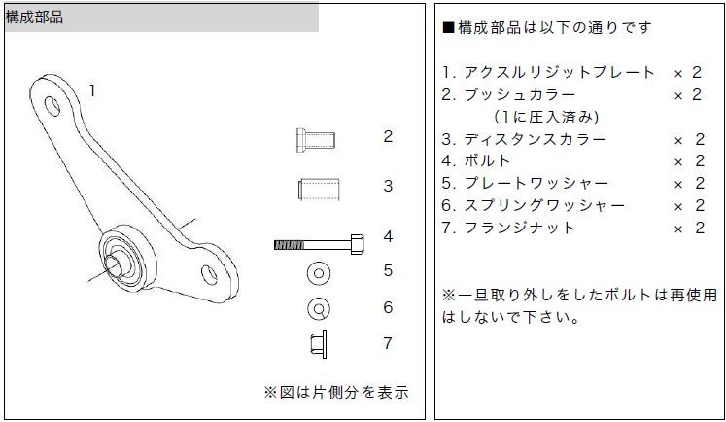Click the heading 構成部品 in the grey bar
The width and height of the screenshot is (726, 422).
click(35, 18)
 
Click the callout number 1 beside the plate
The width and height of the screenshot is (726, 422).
click(92, 90)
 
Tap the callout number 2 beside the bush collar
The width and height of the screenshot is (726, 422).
click(388, 136)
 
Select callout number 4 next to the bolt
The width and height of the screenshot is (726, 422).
click(388, 236)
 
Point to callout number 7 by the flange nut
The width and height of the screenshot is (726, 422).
click(388, 342)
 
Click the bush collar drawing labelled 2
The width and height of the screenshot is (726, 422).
click(315, 138)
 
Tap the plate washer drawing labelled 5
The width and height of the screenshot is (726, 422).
click(317, 272)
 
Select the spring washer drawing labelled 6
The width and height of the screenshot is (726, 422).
click(317, 309)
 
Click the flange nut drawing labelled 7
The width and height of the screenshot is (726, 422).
click(316, 343)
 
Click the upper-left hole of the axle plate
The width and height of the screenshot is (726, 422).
click(52, 102)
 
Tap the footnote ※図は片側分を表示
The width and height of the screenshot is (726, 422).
click(336, 393)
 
